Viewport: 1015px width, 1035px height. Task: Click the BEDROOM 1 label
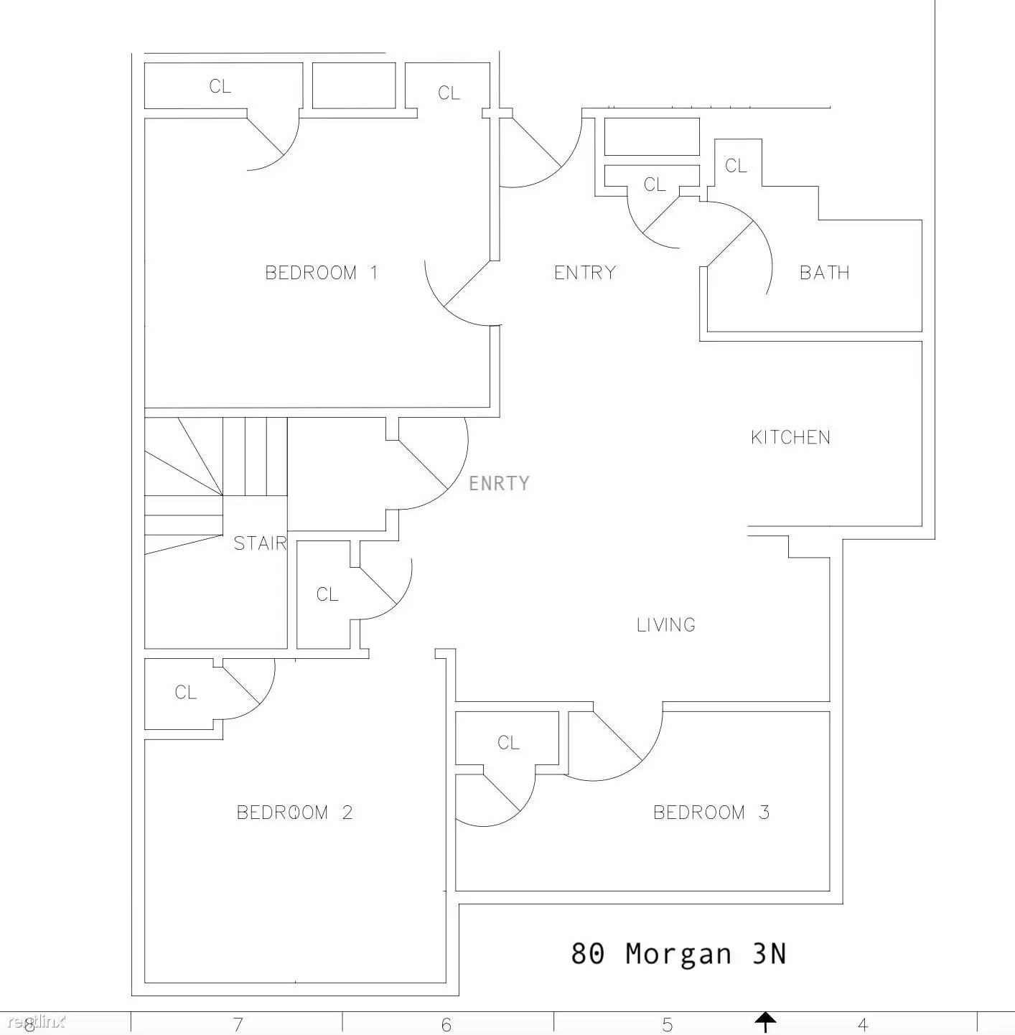(x=322, y=273)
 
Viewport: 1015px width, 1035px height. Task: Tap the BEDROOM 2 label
(x=294, y=812)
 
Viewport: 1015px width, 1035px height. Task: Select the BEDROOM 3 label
(x=711, y=812)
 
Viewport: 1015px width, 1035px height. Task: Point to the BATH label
(x=824, y=273)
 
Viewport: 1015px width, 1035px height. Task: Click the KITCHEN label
(x=790, y=437)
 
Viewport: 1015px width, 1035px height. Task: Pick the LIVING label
(x=665, y=624)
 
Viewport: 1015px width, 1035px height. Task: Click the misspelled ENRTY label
(x=499, y=483)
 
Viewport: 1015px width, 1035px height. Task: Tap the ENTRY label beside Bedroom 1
(x=584, y=273)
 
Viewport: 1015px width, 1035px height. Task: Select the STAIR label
(x=260, y=543)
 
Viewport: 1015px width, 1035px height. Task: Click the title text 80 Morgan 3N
(x=678, y=953)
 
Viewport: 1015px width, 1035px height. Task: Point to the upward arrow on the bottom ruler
(x=765, y=1021)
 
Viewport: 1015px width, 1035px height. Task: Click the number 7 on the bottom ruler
(x=238, y=1025)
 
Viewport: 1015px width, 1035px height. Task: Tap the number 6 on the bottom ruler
(x=446, y=1025)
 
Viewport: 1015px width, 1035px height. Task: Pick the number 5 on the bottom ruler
(x=667, y=1025)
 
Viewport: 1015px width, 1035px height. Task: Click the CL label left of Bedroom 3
(x=508, y=743)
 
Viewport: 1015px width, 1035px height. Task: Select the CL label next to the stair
(x=327, y=594)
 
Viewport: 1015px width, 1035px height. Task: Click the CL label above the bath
(x=736, y=165)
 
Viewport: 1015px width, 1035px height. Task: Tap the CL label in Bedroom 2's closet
(x=186, y=693)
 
